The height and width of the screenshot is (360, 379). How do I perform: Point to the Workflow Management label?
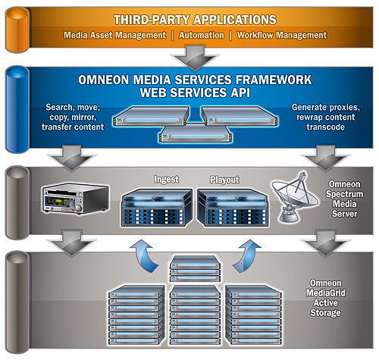pyautogui.click(x=281, y=35)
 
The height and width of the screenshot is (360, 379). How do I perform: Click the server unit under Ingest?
pyautogui.click(x=157, y=208)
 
